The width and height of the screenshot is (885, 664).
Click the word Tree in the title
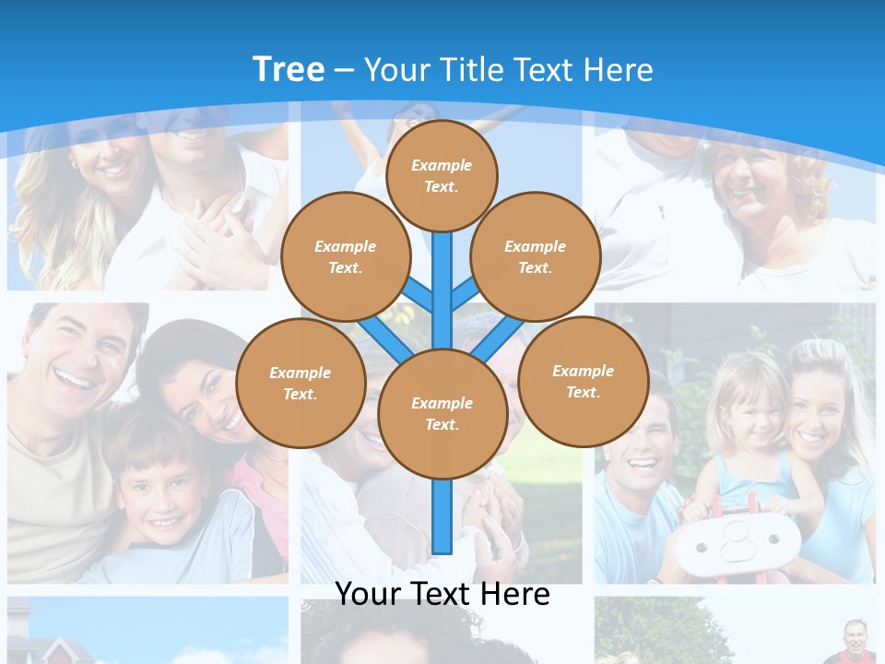point(289,69)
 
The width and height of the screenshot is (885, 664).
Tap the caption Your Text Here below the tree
point(442,593)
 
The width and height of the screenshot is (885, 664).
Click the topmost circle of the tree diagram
point(442,175)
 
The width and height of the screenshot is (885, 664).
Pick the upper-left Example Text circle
point(345,256)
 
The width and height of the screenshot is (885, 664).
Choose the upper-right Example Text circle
point(535,256)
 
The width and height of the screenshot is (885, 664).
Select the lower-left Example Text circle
point(300,383)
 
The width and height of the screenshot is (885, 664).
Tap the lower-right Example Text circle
point(583,381)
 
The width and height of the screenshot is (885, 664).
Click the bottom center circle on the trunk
point(442,413)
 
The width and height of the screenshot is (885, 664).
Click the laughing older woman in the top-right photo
point(756,184)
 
